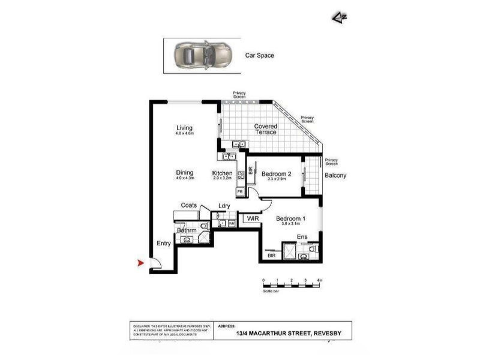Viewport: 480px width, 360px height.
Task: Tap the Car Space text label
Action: [x=259, y=55]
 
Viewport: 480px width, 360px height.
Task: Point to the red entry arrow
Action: [x=141, y=263]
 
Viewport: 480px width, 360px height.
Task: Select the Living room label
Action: [x=184, y=128]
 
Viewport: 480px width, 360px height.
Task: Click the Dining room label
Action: [x=185, y=173]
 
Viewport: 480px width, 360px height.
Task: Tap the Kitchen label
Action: [x=222, y=173]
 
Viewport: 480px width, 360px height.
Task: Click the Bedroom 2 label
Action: [x=276, y=174]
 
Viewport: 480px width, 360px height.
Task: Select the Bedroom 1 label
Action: [x=291, y=218]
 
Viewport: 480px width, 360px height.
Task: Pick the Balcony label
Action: [x=335, y=176]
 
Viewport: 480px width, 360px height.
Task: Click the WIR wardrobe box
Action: [x=251, y=220]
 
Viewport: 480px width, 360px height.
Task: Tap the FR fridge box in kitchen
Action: [x=239, y=192]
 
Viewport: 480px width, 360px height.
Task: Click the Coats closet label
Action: [x=189, y=205]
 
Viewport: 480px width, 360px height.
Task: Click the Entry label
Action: [x=164, y=244]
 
